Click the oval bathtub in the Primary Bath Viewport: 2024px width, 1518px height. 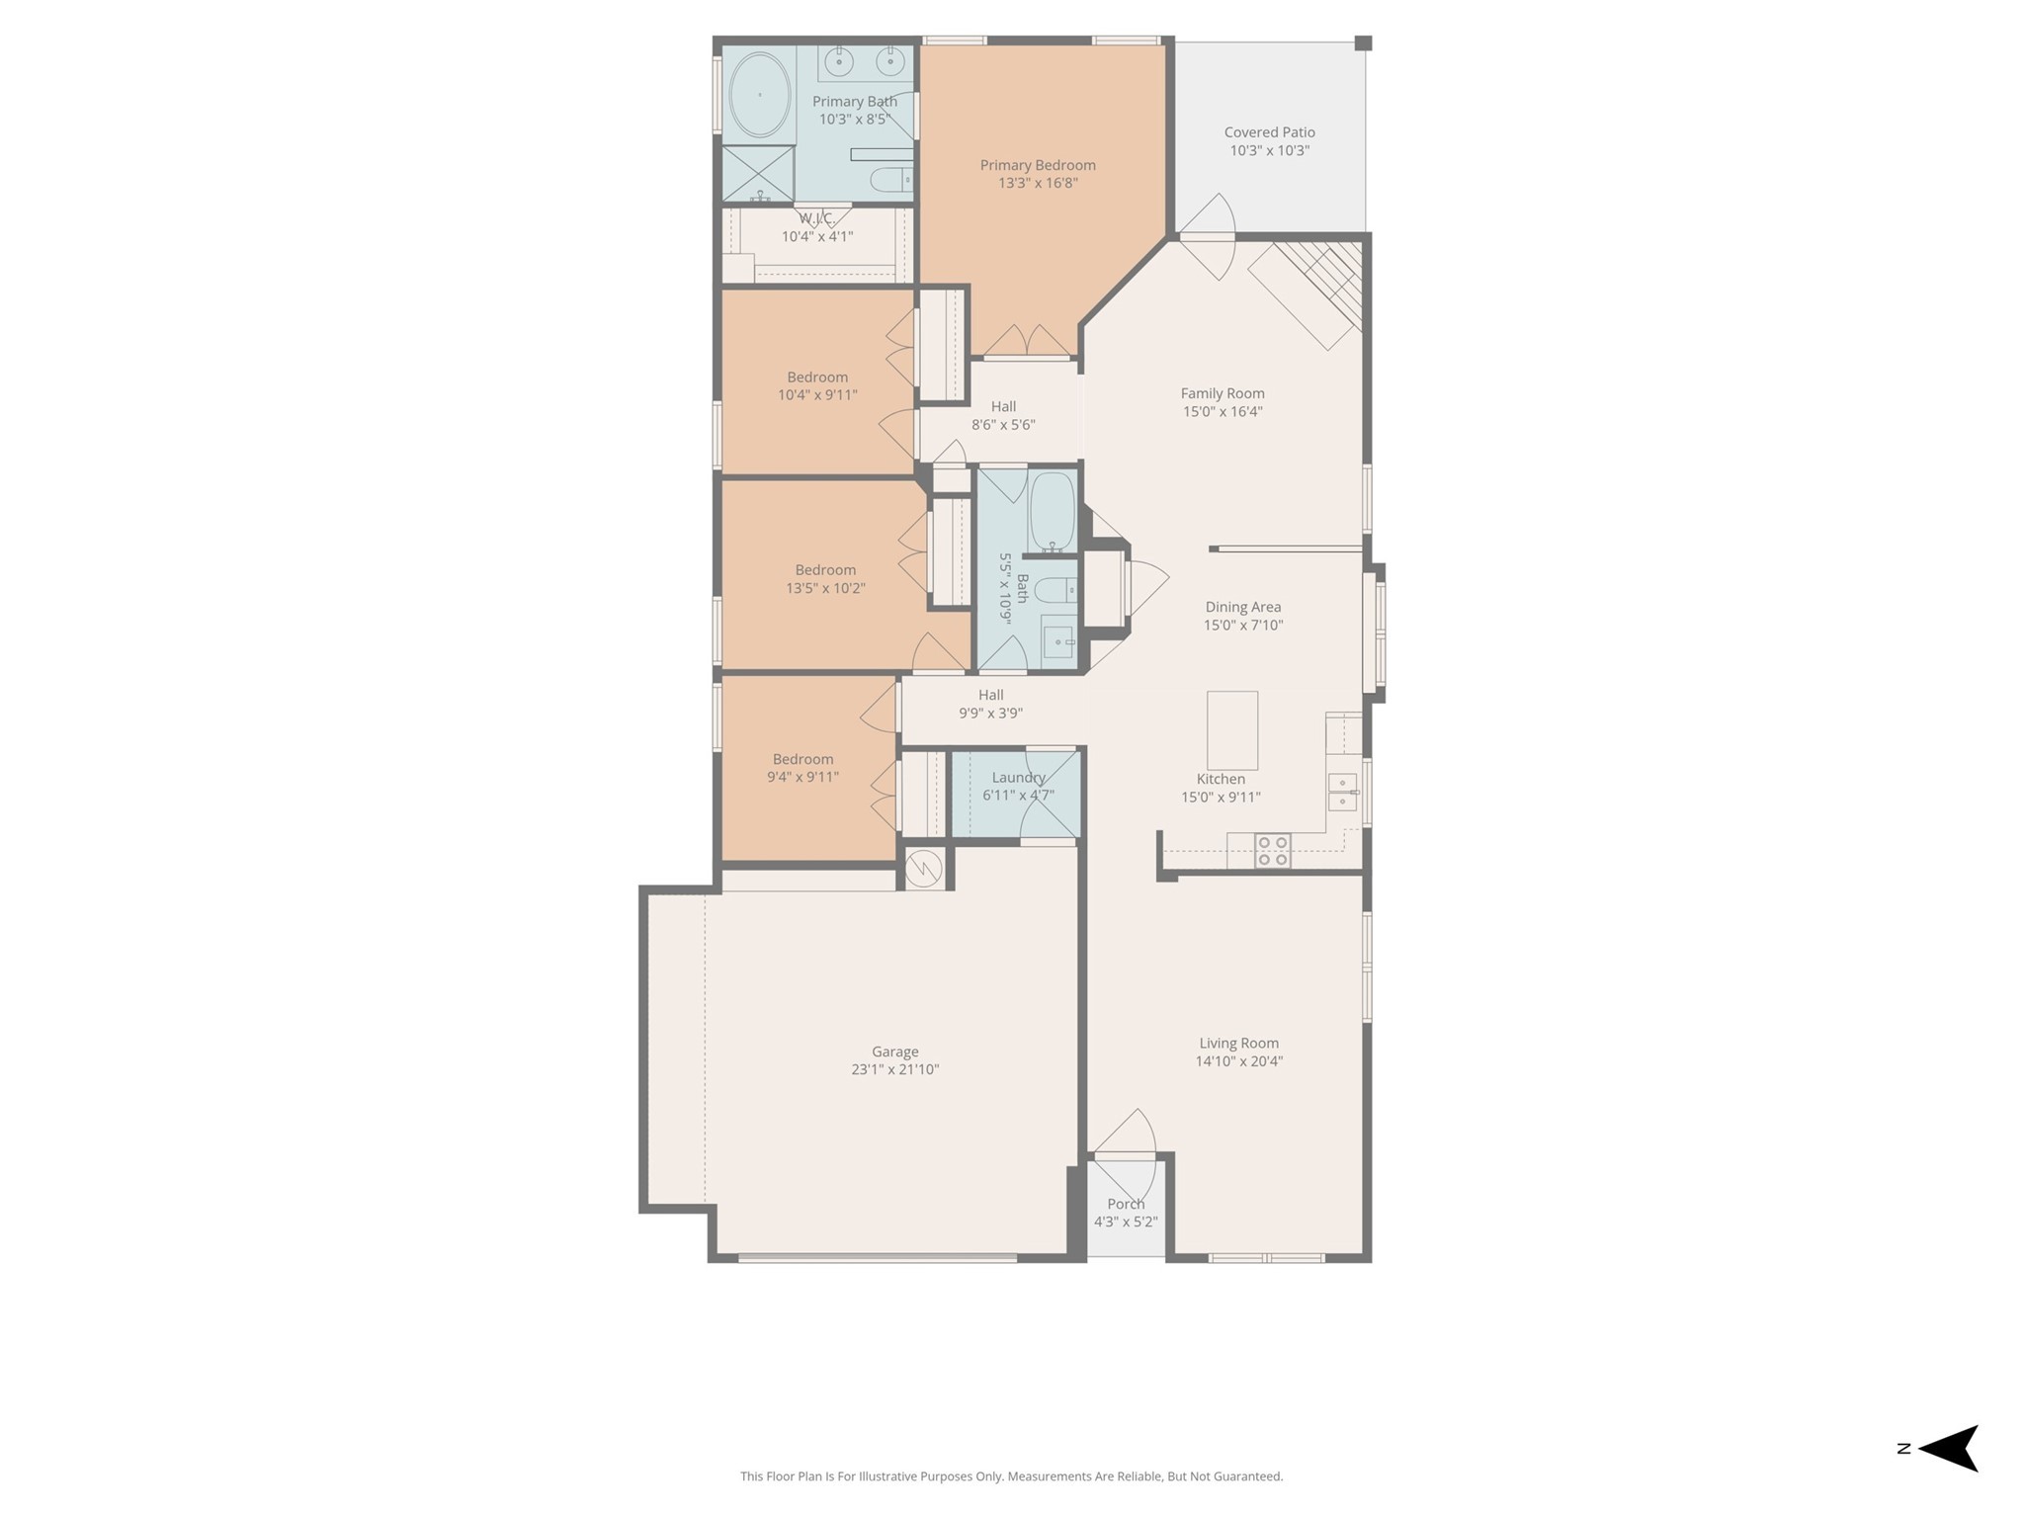coord(759,95)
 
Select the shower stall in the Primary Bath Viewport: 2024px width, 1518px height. coord(758,174)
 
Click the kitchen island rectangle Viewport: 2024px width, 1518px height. coord(1232,730)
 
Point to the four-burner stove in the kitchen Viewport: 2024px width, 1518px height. coord(1272,851)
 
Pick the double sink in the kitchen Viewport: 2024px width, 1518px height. coord(1342,792)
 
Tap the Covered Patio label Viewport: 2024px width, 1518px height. coord(1269,132)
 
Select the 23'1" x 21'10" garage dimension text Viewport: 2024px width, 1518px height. coord(894,1069)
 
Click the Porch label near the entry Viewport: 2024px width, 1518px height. coord(1126,1204)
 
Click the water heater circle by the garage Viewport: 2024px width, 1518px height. coord(924,869)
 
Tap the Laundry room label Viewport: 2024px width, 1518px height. coord(1018,778)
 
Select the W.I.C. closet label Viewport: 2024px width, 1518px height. coord(816,218)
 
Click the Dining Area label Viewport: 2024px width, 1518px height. coord(1242,607)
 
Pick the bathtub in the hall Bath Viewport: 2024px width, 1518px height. coord(1053,511)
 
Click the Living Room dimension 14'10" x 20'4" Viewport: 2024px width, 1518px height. coord(1238,1061)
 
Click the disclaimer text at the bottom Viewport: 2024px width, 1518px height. coord(1011,1476)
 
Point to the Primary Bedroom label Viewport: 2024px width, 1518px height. coord(1038,165)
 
